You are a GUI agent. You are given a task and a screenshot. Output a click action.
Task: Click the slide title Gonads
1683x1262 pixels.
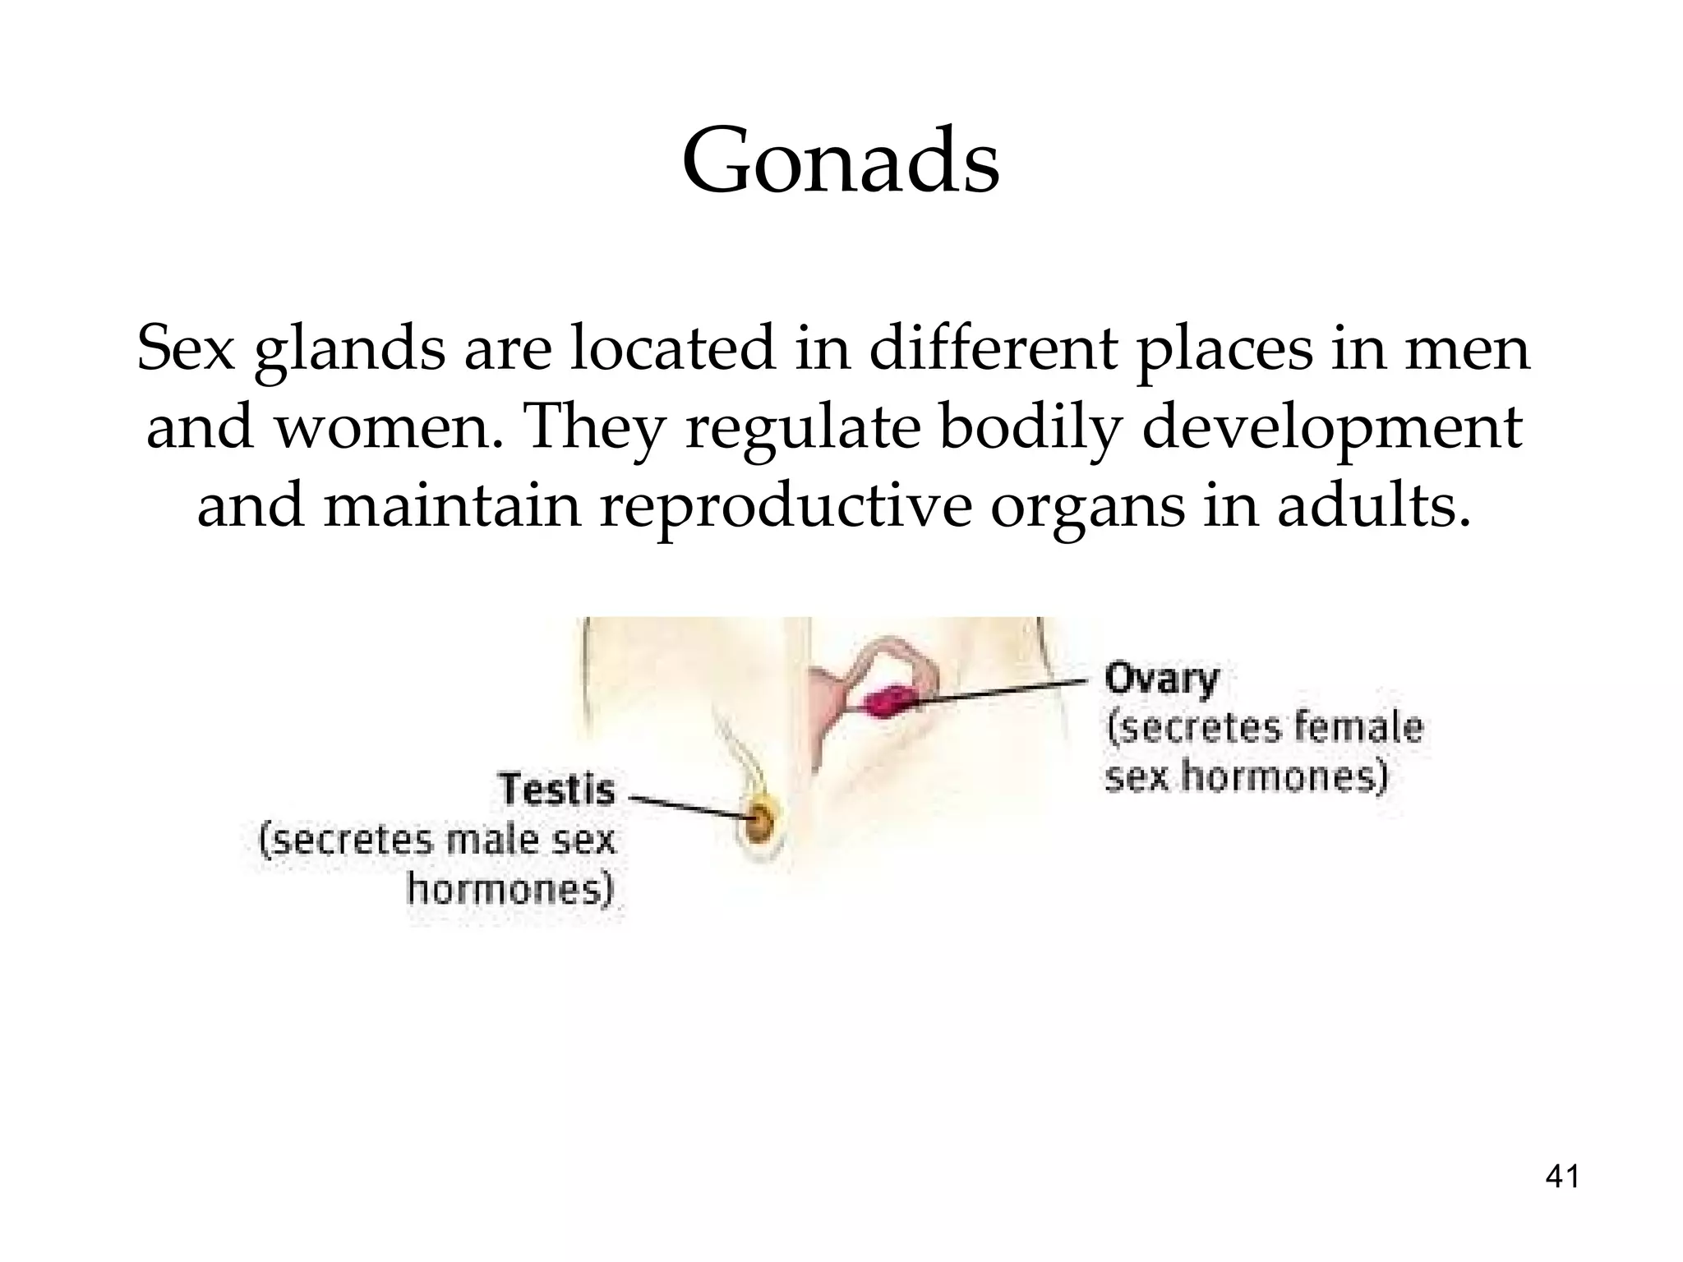(x=840, y=161)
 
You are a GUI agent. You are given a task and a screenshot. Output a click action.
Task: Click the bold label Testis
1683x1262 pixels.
(x=557, y=790)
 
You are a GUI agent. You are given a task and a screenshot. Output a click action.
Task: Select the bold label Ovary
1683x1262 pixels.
(x=1161, y=679)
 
